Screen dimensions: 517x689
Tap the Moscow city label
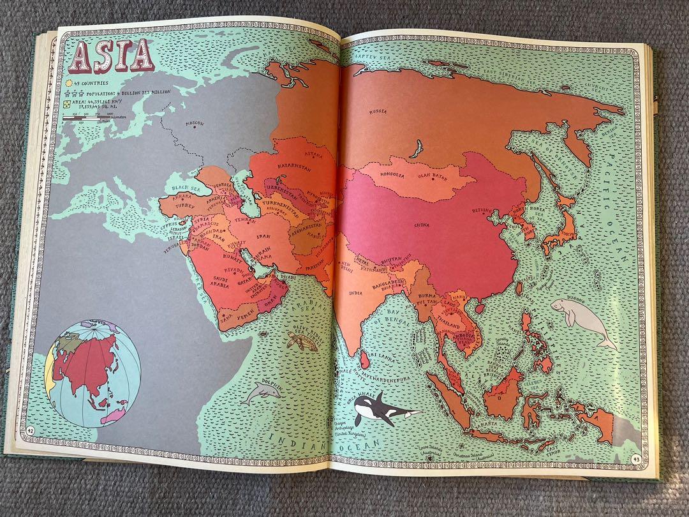(193, 123)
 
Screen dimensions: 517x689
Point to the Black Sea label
(185, 188)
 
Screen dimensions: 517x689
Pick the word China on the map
(421, 225)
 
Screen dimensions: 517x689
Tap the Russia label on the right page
(378, 112)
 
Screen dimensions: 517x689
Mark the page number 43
(635, 458)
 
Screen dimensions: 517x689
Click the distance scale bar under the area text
(89, 117)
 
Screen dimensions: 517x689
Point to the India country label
(355, 293)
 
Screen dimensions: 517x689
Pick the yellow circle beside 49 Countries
(67, 83)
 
